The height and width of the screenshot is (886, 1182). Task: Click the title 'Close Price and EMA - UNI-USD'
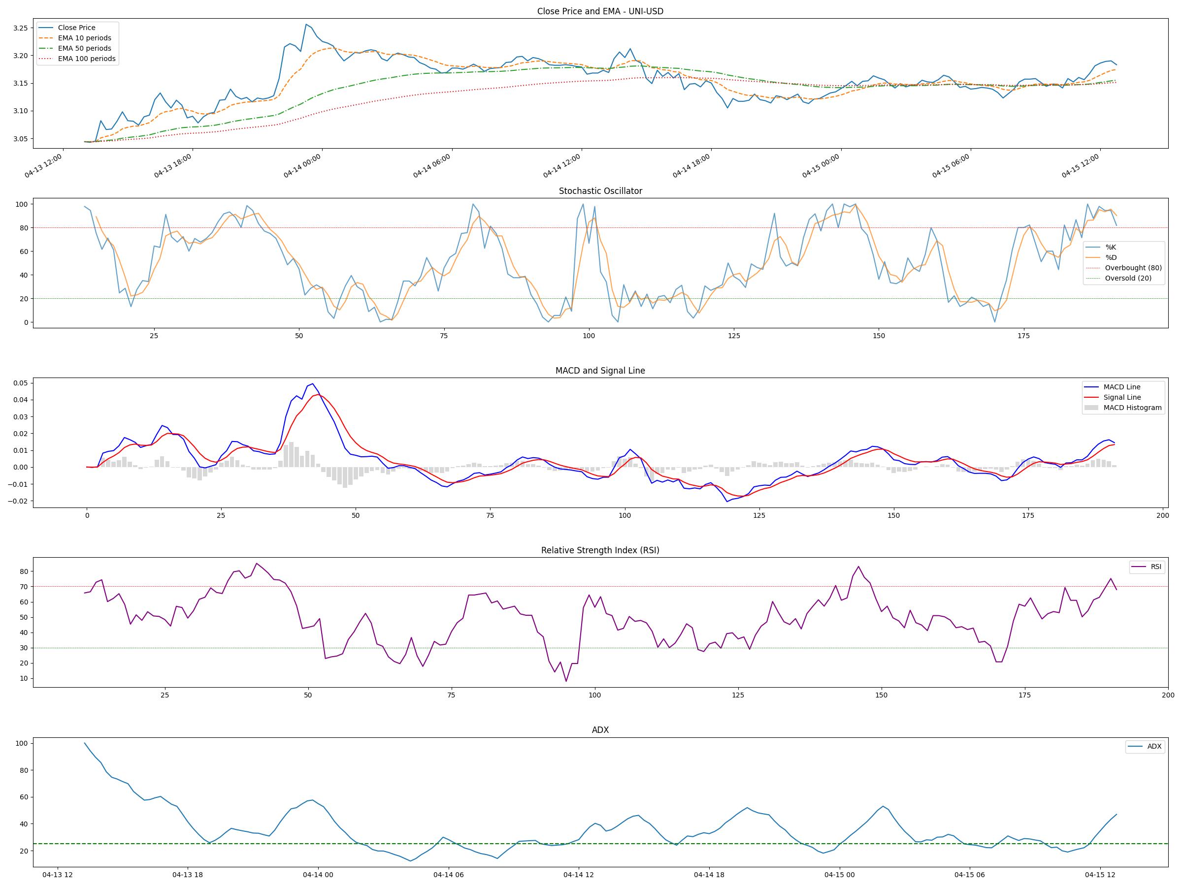pos(600,11)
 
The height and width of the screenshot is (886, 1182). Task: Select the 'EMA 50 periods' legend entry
pos(84,49)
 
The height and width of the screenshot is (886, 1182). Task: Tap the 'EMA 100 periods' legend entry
pos(87,59)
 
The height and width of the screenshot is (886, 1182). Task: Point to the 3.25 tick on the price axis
pos(20,28)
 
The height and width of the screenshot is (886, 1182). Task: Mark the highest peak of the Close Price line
pos(306,24)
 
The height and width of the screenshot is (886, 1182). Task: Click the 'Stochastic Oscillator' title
pos(600,191)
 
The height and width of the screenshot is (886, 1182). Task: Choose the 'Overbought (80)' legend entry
pos(1133,268)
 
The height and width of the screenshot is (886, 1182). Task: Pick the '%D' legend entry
pos(1111,257)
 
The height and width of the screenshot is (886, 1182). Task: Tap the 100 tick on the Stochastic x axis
pos(589,336)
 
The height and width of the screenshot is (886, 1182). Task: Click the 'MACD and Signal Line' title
pos(600,371)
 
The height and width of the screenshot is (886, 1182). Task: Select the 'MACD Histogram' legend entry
pos(1132,408)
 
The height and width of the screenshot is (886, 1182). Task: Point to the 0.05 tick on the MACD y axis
pos(20,383)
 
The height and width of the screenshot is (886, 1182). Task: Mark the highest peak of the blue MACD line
pos(312,383)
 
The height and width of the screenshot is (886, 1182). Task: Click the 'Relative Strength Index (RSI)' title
pos(600,551)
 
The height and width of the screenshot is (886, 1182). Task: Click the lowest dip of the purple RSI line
pos(566,681)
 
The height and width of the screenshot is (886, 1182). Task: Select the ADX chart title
pos(600,730)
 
